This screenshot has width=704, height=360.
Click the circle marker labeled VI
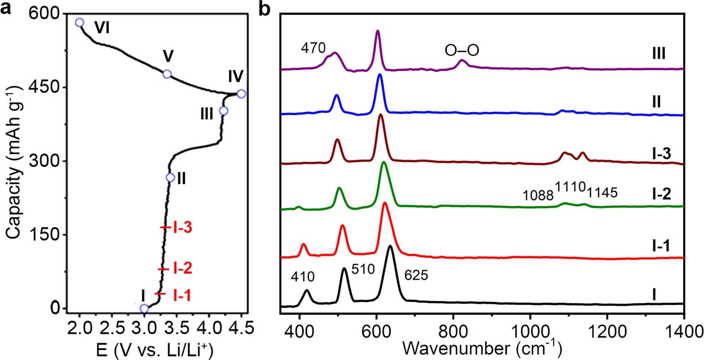pos(79,23)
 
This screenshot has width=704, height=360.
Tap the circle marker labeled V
pos(167,74)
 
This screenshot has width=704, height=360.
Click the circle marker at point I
pos(144,309)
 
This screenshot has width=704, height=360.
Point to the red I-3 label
pos(182,228)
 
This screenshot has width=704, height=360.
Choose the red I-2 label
pos(182,269)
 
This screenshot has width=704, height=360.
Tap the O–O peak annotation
pos(462,51)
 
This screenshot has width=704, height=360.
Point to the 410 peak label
pos(302,276)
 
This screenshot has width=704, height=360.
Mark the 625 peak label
pos(416,275)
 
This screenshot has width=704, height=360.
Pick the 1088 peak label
pos(538,195)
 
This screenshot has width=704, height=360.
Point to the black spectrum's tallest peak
pos(390,246)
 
